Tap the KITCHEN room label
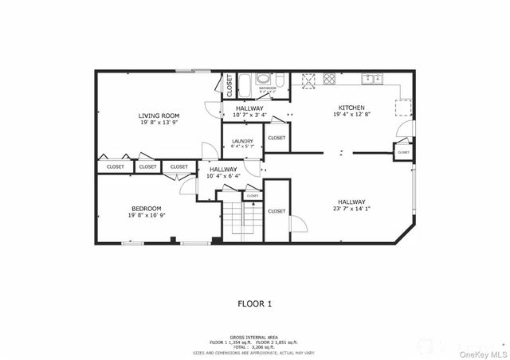351,108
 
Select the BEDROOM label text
147,208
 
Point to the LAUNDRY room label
242,141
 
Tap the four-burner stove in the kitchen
328,79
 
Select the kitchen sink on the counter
370,78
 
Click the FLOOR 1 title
255,303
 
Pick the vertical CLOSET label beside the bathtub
229,84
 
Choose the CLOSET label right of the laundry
277,138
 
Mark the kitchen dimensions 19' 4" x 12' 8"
351,115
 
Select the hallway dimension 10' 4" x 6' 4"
223,176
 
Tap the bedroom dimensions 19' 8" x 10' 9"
147,216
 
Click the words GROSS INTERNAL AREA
254,338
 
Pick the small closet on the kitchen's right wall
403,151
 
